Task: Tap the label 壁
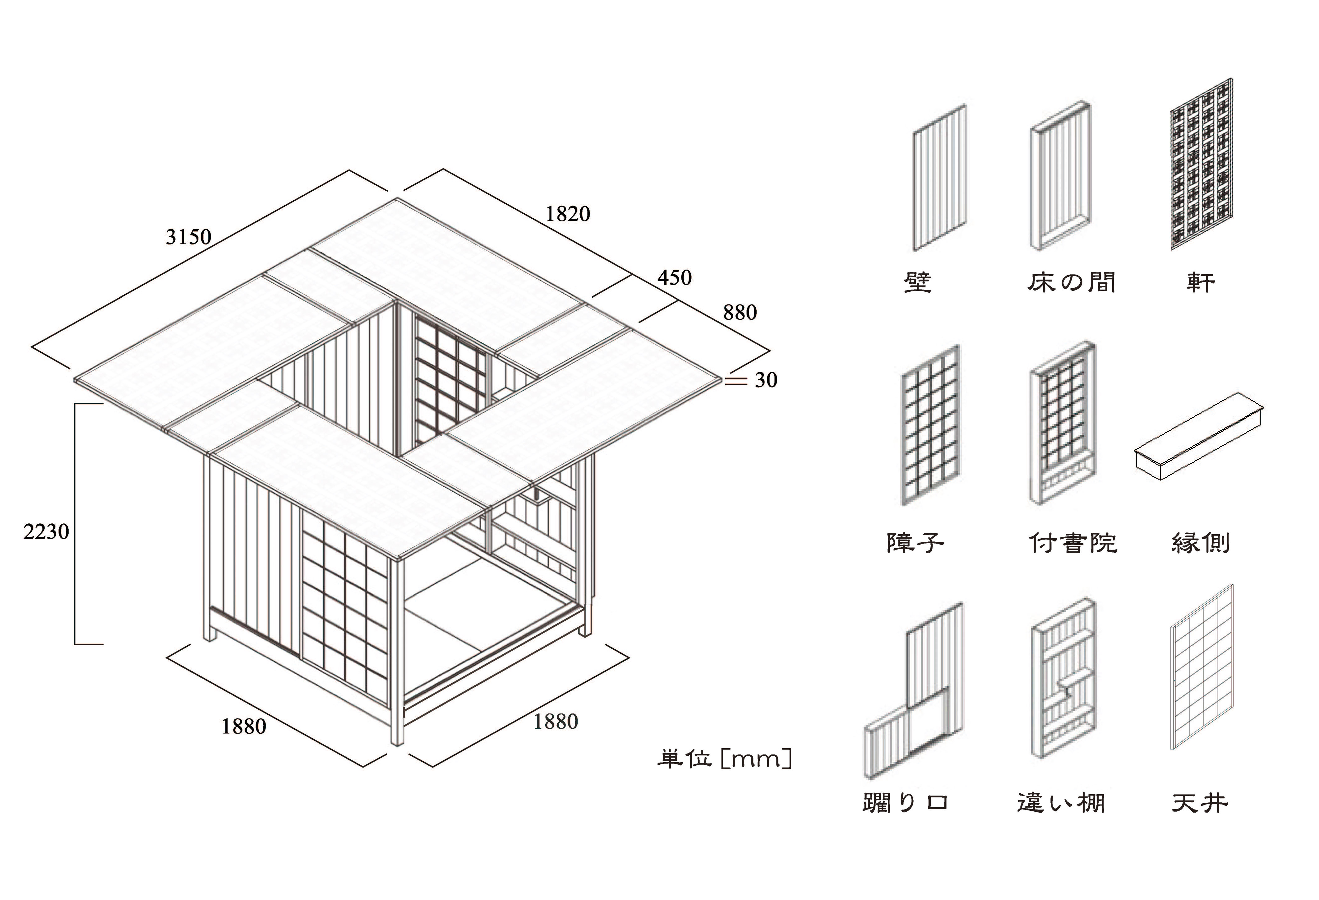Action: [x=917, y=282]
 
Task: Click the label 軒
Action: [x=1200, y=282]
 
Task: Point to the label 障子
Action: [x=915, y=543]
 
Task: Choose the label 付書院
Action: [x=1073, y=543]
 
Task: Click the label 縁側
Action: [x=1200, y=543]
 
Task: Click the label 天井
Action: [x=1200, y=803]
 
